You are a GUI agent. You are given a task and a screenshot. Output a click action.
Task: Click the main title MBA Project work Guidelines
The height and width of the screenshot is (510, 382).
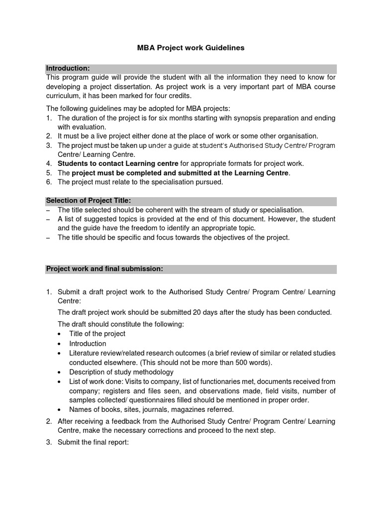click(191, 48)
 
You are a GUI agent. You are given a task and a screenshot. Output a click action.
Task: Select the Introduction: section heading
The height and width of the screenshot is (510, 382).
click(68, 68)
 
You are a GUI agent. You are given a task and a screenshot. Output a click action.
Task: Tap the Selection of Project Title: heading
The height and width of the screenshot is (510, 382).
click(89, 200)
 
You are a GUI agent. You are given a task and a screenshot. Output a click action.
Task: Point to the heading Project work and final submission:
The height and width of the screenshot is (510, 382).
click(104, 268)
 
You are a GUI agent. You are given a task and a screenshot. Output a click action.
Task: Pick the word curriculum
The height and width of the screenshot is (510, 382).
click(63, 96)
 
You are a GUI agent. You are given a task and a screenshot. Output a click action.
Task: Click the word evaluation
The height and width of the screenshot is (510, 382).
click(90, 127)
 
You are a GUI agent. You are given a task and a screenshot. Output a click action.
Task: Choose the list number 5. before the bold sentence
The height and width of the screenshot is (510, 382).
click(49, 173)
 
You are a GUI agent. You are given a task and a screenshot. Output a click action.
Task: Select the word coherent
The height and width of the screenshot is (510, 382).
click(152, 210)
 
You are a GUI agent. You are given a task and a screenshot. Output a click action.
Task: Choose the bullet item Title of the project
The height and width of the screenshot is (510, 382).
click(97, 334)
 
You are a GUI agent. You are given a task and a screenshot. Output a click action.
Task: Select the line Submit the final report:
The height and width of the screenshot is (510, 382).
click(93, 441)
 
